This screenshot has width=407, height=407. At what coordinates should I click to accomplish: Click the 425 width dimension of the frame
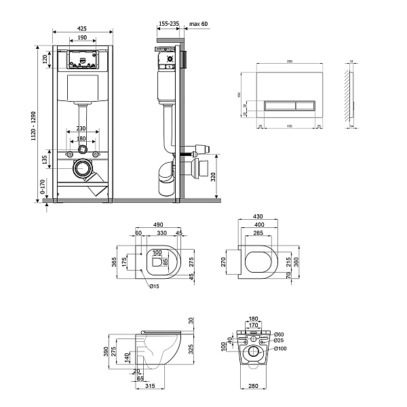(x=81, y=28)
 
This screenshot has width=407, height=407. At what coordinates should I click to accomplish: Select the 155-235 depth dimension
(x=168, y=24)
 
